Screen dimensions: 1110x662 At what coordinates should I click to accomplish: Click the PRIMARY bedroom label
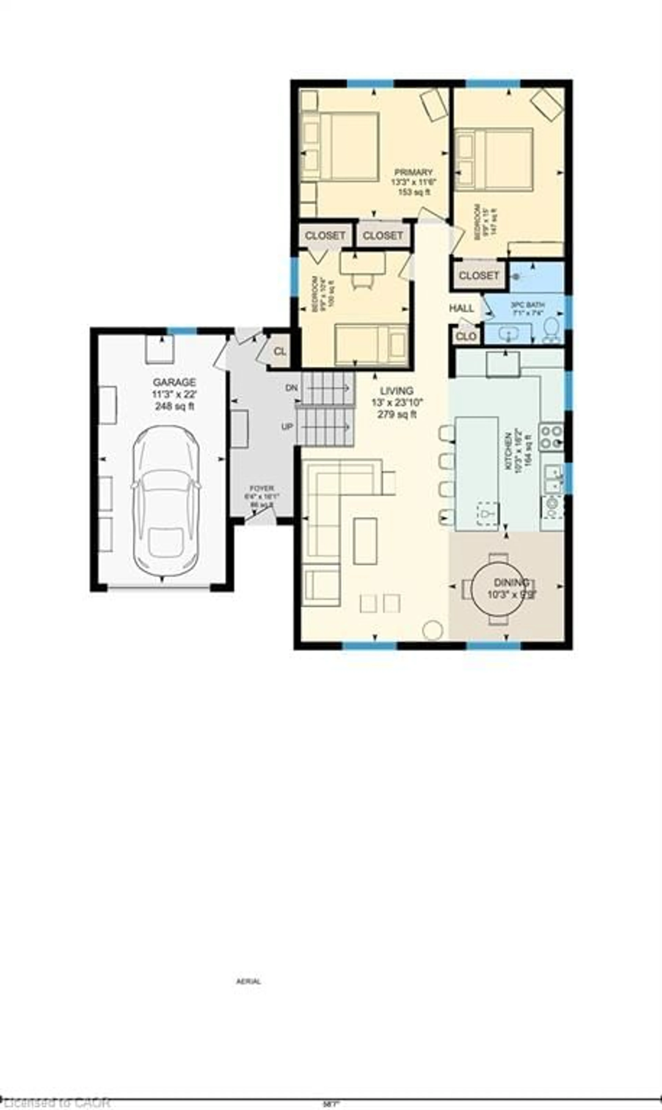(413, 172)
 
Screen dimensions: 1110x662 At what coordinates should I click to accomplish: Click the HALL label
(461, 308)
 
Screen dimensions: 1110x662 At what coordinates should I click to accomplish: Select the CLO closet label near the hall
(466, 337)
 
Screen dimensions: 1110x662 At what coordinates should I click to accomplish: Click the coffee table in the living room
(365, 541)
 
